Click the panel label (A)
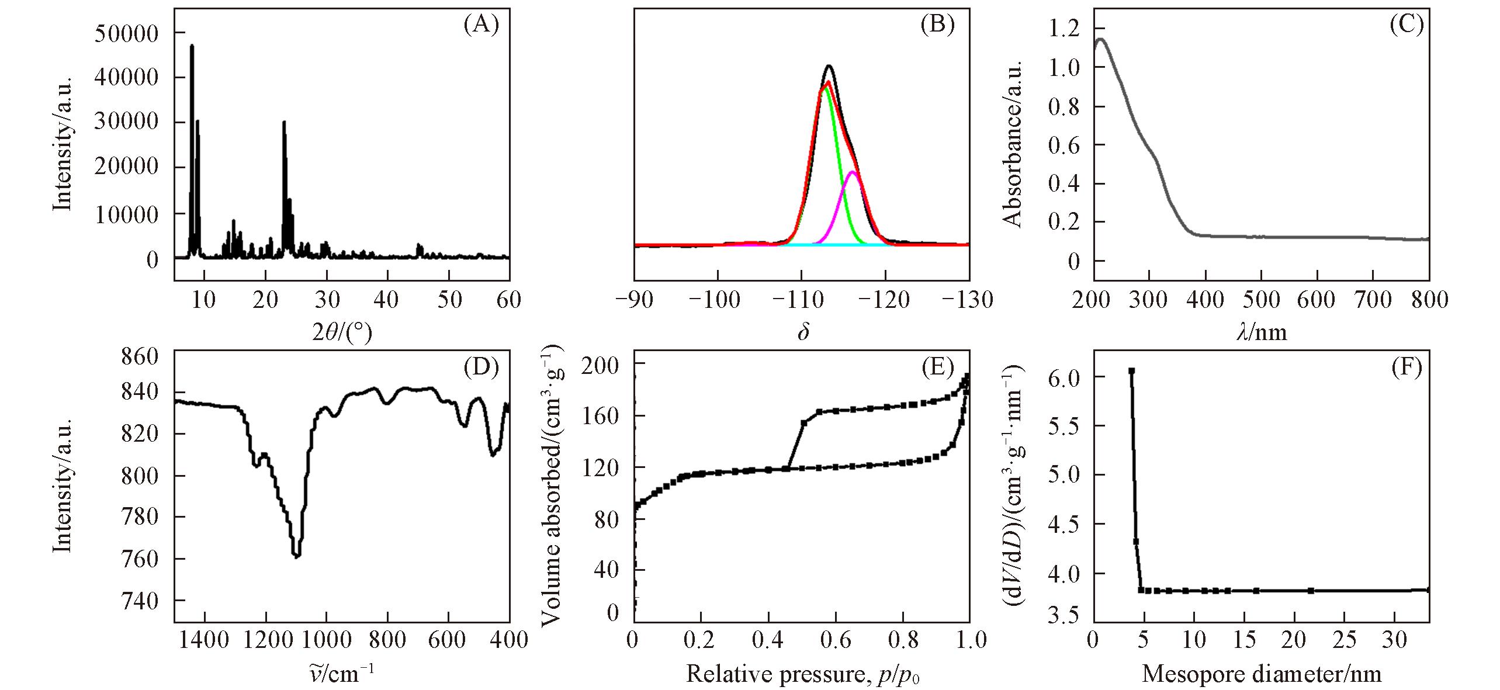481,26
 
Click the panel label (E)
938,369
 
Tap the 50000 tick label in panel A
126,34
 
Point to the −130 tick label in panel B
969,300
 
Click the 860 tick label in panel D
140,357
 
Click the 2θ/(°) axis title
342,332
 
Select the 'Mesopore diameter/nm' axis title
1261,674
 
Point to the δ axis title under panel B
803,332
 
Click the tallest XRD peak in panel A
192,46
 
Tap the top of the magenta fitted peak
852,172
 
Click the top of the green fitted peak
825,88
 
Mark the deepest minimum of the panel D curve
296,556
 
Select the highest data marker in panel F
1131,370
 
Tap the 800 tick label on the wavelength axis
1429,300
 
